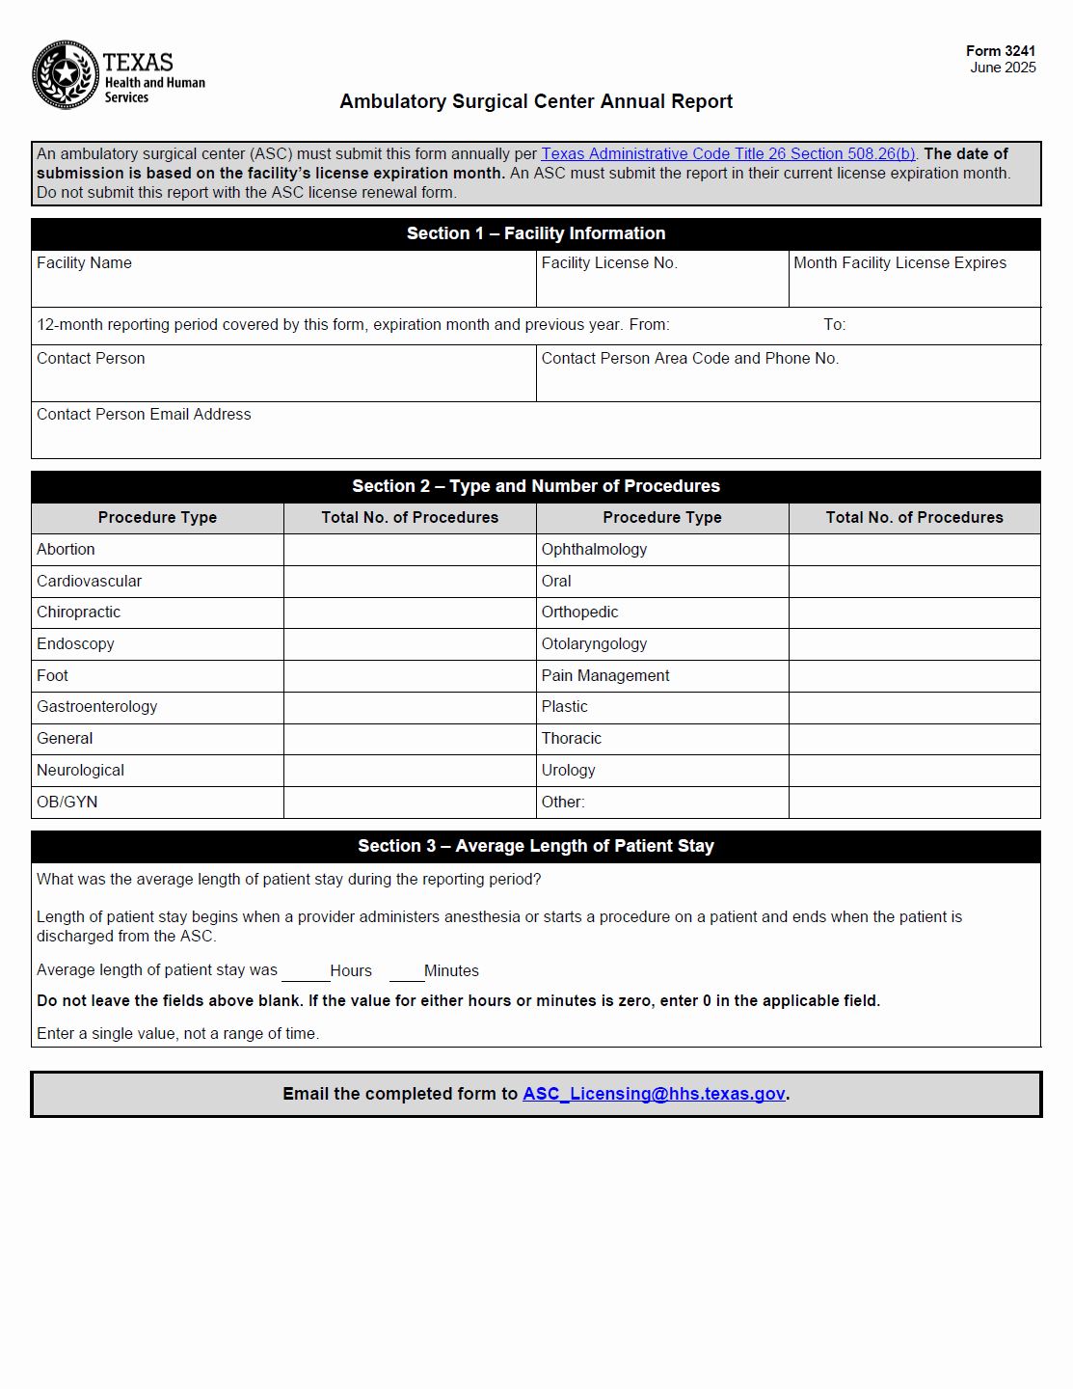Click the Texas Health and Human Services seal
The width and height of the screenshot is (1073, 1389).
(66, 74)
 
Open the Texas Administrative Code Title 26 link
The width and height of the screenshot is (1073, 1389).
(728, 154)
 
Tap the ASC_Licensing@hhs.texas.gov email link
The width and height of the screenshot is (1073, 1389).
(654, 1094)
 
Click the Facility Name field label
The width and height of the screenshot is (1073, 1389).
(84, 263)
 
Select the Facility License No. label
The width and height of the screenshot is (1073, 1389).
(609, 263)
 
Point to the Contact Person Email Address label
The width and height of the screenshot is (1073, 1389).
(144, 415)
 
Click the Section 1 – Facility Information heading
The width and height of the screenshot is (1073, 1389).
(536, 233)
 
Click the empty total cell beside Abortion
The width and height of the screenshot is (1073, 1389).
(410, 550)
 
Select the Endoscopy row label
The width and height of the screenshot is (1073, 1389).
(75, 644)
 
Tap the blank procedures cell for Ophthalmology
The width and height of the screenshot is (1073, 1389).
(914, 550)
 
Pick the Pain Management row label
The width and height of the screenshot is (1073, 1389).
(605, 676)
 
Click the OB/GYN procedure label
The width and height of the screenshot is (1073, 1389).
(67, 803)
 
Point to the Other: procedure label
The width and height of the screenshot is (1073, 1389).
(563, 803)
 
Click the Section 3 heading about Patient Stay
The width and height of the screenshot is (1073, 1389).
(536, 846)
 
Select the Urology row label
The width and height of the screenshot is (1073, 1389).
(569, 771)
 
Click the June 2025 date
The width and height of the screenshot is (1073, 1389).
(1003, 68)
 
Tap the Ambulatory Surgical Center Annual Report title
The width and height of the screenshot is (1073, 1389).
(536, 102)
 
